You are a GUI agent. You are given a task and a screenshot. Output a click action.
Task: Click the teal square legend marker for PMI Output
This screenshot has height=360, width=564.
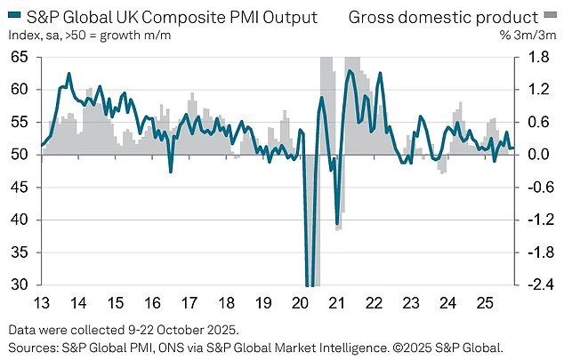[12, 16]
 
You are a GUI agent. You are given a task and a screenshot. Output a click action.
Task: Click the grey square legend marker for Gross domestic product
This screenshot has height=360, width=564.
[549, 16]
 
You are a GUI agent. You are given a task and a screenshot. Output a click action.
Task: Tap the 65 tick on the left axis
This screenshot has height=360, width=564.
[19, 57]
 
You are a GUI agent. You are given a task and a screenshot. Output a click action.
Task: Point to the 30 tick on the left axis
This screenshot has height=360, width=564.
[19, 284]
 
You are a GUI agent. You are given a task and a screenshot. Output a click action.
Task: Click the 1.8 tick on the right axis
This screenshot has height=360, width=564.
[531, 57]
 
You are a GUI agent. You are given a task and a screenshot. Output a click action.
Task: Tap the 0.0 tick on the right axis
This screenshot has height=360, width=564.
[531, 155]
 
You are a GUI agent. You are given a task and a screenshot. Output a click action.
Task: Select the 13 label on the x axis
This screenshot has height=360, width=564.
[42, 302]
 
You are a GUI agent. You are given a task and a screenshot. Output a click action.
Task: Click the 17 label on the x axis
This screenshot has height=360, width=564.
[189, 302]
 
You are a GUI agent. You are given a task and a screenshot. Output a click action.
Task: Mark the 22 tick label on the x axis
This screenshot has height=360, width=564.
[373, 302]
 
